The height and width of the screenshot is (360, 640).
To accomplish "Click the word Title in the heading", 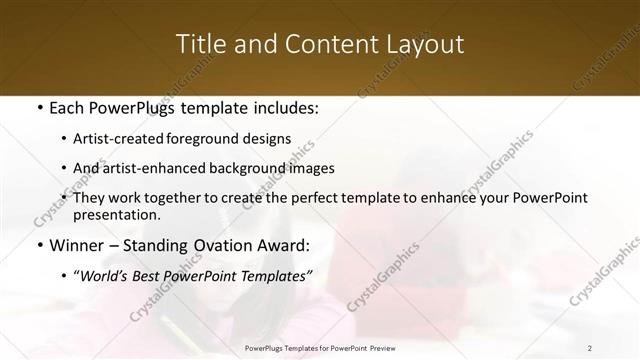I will tap(199, 44).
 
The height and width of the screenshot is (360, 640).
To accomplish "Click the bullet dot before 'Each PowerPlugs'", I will tap(38, 107).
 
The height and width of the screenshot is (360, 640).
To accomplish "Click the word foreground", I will tap(220, 139).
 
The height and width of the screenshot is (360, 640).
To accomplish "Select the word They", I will tap(88, 198).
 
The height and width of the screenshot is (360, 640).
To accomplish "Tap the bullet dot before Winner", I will tap(38, 246).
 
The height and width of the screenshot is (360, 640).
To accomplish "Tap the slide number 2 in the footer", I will tap(589, 348).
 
